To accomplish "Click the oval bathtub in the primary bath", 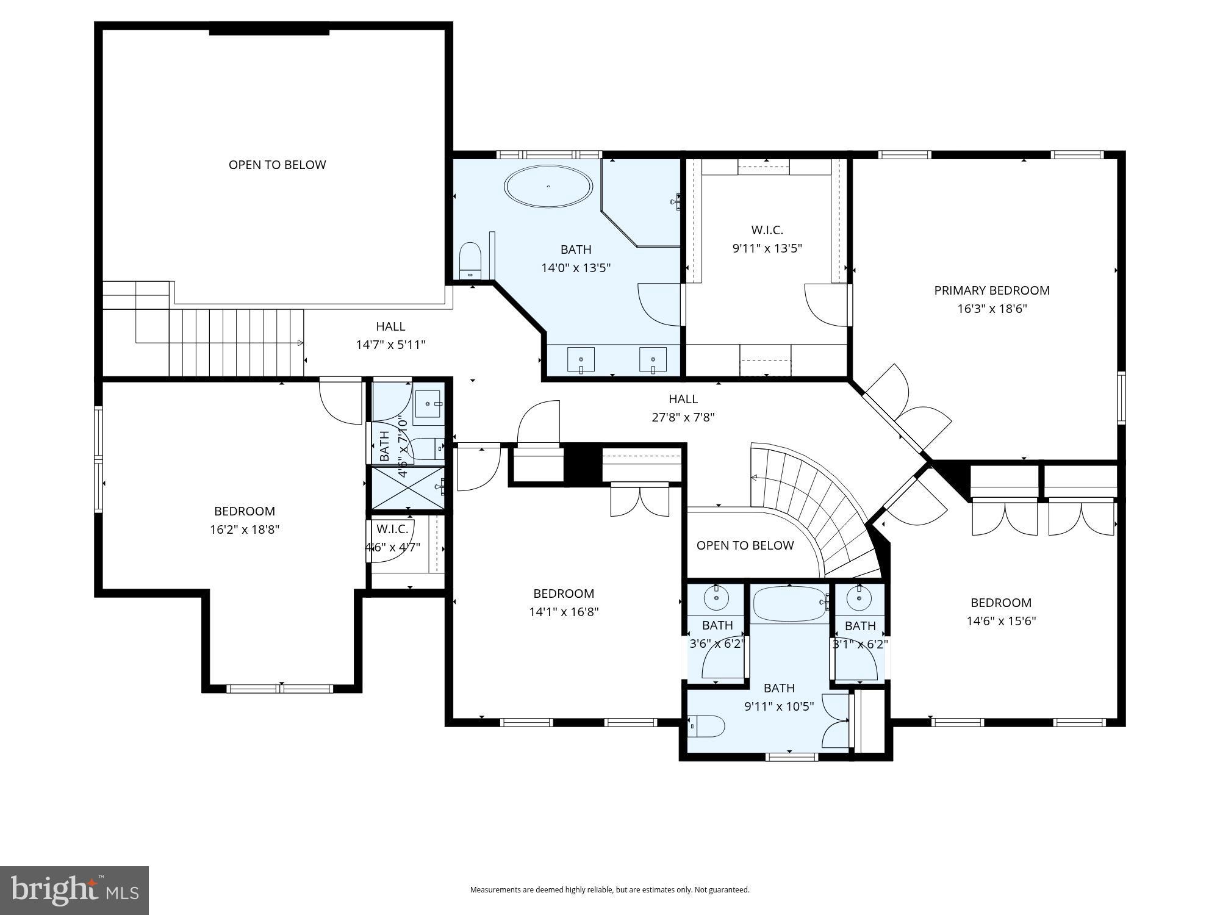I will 548,186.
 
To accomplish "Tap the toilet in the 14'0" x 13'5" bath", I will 470,260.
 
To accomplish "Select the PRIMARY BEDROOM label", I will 992,290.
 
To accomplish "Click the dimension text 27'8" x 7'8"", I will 683,417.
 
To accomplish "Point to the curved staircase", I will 817,506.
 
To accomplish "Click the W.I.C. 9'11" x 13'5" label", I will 767,239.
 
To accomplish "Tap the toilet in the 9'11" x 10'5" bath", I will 708,727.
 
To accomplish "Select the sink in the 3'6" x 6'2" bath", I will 716,598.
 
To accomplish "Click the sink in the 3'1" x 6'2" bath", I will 859,598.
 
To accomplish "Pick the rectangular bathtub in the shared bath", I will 790,603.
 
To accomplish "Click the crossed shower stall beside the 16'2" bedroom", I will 407,487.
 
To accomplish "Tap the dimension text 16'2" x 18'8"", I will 245,529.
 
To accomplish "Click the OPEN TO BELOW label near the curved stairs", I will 745,545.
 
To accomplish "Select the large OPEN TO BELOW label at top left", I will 277,165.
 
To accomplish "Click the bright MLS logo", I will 74,891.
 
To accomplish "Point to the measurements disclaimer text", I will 609,890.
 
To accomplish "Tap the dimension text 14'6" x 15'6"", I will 1001,621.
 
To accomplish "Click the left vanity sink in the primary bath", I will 581,359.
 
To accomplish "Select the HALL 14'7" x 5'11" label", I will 390,335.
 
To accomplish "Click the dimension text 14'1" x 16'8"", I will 564,612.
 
